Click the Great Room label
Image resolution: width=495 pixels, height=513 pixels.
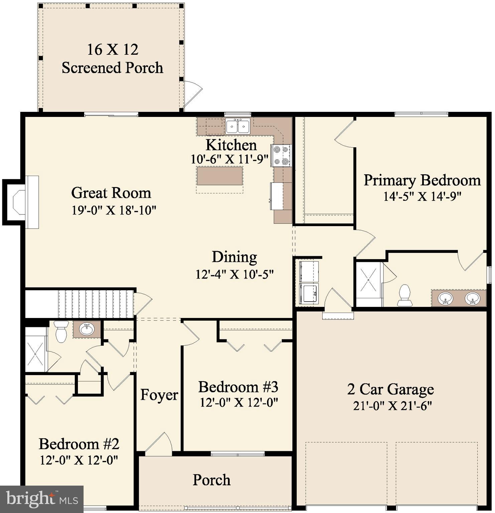pos(111,193)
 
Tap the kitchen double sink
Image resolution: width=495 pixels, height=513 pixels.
pos(238,126)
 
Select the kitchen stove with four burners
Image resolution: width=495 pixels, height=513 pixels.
pos(281,156)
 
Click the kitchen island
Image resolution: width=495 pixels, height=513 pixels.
pos(220,176)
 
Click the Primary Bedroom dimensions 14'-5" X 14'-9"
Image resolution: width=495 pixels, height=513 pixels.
pos(422,196)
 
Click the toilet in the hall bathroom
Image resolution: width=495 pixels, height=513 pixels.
pos(61,331)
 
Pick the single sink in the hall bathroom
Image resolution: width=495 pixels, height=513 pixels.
pos(87,329)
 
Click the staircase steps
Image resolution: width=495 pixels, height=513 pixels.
pos(96,304)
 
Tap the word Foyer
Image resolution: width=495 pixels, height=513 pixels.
pos(159,395)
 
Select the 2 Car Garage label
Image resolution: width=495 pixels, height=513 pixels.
pos(390,389)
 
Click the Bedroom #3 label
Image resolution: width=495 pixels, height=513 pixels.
pos(238,387)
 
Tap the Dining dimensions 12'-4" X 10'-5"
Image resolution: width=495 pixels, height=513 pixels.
pos(234,274)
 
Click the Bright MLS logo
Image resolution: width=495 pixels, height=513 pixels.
pos(41,499)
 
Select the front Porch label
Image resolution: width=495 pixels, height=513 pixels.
pos(212,480)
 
